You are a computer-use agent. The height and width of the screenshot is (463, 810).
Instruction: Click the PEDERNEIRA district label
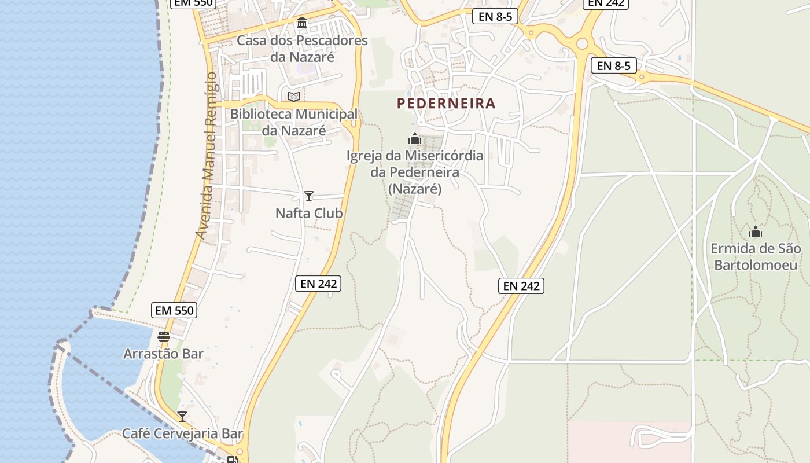click(446, 104)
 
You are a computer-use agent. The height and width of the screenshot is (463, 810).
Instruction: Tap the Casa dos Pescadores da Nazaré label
click(302, 49)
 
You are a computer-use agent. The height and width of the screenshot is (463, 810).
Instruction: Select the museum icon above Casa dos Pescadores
click(302, 23)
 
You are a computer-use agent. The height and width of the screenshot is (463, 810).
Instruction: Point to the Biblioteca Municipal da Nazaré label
click(294, 122)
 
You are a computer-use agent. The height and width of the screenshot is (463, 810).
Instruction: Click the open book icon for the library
click(294, 97)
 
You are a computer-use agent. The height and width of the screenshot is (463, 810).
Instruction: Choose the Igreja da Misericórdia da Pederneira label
click(414, 172)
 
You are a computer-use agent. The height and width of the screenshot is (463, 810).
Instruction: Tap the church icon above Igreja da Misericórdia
click(414, 139)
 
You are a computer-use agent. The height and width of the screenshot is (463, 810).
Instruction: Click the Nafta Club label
click(309, 213)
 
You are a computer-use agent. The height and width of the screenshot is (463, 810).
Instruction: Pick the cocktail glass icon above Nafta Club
click(309, 196)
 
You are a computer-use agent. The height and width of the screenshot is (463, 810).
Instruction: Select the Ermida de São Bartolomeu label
click(756, 256)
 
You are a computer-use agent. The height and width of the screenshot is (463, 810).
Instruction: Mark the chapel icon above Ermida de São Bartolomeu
click(756, 232)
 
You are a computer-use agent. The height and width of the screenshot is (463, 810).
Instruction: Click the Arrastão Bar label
click(163, 353)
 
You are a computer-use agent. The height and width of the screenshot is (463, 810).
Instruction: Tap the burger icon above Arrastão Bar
click(164, 336)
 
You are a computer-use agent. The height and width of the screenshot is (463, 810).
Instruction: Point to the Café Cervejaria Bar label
click(182, 433)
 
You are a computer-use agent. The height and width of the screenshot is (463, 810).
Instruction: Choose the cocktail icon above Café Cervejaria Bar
click(182, 416)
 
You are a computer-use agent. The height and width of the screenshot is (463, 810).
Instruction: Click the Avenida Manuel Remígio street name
click(207, 155)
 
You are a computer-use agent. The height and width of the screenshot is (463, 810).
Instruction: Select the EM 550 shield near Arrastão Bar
click(175, 310)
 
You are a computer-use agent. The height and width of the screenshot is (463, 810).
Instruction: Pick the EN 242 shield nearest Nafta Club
click(318, 284)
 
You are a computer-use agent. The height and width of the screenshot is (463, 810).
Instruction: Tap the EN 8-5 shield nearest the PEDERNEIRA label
click(495, 16)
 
